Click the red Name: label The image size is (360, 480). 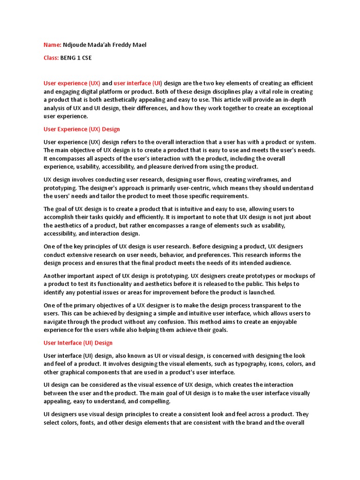[52, 45]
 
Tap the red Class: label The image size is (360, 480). [51, 58]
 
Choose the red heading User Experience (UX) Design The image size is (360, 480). [82, 129]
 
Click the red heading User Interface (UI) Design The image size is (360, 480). [78, 343]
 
